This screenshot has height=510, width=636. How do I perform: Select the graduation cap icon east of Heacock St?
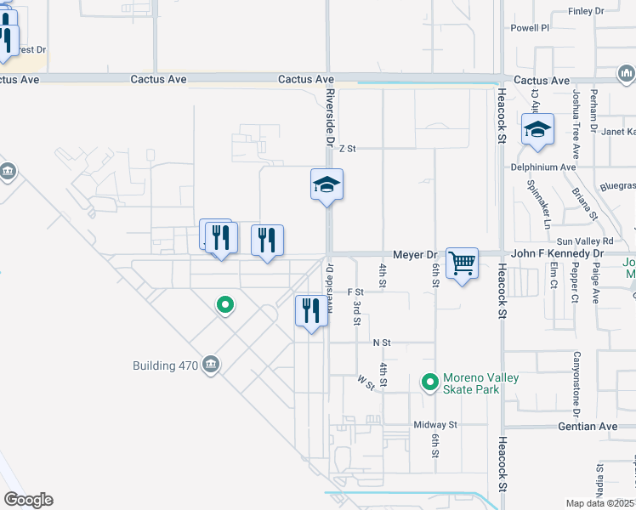(x=538, y=130)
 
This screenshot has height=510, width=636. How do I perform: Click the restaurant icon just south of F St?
(x=311, y=311)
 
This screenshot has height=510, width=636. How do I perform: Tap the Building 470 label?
(x=165, y=366)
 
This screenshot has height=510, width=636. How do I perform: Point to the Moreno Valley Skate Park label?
(x=480, y=383)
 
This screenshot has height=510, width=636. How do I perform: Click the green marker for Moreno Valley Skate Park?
(x=430, y=382)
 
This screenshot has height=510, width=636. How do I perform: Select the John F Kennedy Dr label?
(x=557, y=254)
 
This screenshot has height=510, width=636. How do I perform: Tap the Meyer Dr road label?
(x=414, y=254)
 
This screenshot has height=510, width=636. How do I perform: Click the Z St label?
(x=346, y=149)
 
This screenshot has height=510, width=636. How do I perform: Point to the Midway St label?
(x=435, y=425)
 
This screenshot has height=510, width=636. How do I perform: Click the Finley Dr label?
(x=586, y=12)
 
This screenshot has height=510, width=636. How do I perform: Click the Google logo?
(x=28, y=500)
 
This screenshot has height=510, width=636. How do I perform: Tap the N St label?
(x=381, y=343)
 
